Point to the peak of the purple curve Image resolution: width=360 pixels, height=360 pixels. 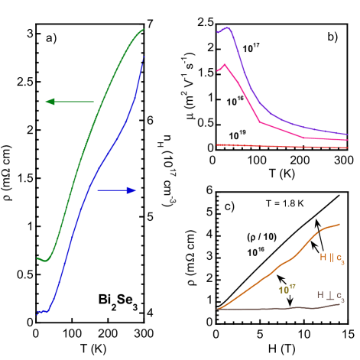coord(226,29)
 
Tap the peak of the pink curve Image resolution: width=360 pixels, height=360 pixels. coord(225,65)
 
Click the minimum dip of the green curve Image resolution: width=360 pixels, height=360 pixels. coord(45,261)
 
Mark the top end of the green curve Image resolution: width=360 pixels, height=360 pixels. coord(144,30)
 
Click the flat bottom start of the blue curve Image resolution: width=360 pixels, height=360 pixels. coord(37,312)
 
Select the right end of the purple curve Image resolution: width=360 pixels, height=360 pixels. coord(348,135)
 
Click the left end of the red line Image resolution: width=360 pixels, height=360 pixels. coord(218,144)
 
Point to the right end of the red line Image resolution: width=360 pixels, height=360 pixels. coord(348,147)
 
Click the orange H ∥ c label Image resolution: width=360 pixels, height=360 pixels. coord(332,258)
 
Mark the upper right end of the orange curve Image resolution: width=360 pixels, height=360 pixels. coord(340,224)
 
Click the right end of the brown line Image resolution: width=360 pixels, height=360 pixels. coord(340,304)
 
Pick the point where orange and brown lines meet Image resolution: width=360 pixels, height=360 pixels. coord(219,309)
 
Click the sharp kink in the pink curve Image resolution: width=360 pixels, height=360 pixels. coord(260,122)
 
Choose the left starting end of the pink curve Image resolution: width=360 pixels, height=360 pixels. coord(218,70)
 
